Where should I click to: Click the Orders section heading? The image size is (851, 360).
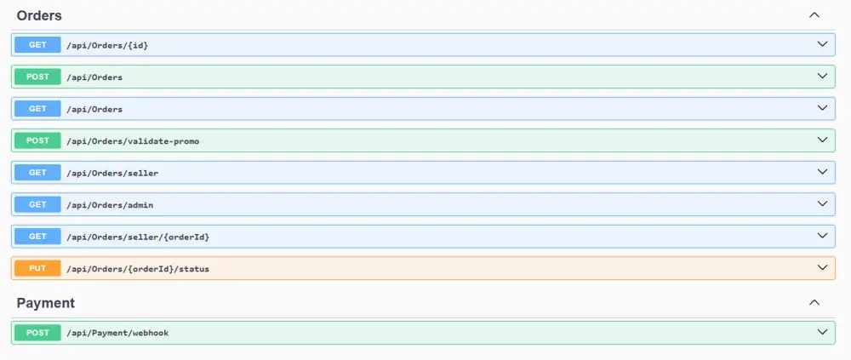coord(39,16)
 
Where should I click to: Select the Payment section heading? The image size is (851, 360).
coord(46,303)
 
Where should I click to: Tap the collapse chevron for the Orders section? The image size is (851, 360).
coord(814,15)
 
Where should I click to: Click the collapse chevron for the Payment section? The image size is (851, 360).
coord(814,302)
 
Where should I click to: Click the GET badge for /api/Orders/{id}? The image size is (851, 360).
coord(37,45)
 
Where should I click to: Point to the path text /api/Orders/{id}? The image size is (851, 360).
coord(107,46)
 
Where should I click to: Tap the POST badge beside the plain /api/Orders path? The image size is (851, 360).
coord(37,77)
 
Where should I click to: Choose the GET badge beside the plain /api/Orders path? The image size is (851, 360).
coord(37,109)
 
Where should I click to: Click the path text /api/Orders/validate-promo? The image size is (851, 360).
coord(133,141)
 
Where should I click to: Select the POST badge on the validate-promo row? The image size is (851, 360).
coord(37,140)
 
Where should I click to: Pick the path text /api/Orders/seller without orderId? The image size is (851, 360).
coord(112,174)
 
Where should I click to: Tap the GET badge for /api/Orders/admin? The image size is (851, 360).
coord(37,204)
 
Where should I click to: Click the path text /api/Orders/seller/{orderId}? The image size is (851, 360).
coord(138,237)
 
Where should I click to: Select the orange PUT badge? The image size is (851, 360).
coord(37,268)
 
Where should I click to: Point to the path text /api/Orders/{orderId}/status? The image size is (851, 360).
coord(138,269)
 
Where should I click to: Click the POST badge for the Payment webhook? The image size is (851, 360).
coord(37,332)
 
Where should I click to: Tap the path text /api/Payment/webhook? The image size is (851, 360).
coord(117,333)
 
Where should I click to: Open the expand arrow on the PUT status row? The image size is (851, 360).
coord(822,268)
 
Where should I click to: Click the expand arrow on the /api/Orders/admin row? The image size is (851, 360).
coord(822,203)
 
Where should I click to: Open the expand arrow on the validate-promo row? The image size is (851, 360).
coord(822,140)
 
